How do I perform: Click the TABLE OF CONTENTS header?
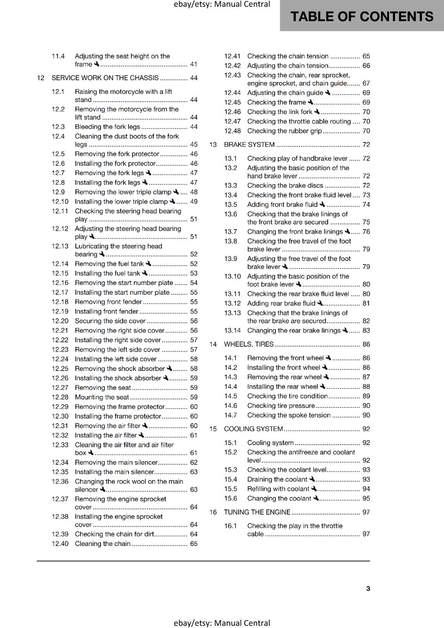click(x=361, y=16)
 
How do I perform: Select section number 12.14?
click(x=60, y=264)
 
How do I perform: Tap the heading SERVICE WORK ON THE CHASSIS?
click(x=105, y=78)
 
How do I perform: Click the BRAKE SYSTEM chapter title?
click(x=249, y=144)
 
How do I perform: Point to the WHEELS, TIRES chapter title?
click(x=249, y=344)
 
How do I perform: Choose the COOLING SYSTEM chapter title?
click(x=253, y=429)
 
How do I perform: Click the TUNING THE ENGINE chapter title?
click(x=257, y=512)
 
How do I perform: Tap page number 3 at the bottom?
click(x=368, y=588)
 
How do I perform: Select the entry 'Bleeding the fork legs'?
click(x=107, y=127)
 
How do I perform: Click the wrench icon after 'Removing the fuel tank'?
click(x=149, y=264)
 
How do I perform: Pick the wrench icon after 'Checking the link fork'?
click(x=317, y=112)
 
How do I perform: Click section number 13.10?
click(x=232, y=276)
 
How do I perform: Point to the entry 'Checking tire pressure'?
click(x=281, y=405)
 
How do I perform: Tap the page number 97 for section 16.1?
click(x=366, y=534)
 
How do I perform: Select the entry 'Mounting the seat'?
click(x=102, y=397)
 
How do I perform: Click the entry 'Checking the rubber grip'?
click(x=284, y=131)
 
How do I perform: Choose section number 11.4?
click(x=58, y=56)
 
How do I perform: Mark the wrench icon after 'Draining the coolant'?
click(x=312, y=479)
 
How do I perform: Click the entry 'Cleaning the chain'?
click(x=103, y=544)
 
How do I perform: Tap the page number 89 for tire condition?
click(x=366, y=396)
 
